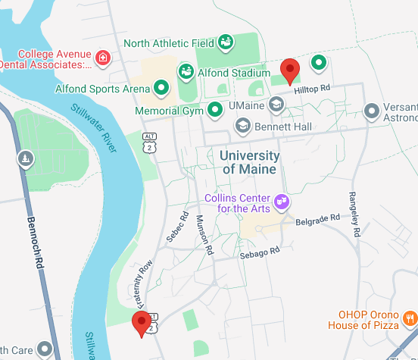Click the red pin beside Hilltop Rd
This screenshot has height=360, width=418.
[290, 70]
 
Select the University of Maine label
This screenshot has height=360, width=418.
[250, 162]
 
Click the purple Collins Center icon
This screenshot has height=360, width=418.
[282, 201]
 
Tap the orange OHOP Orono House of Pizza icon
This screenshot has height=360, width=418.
[410, 318]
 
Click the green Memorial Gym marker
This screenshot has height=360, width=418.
[215, 111]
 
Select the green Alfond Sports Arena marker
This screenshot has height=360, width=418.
[161, 89]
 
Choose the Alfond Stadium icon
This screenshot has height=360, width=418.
[185, 72]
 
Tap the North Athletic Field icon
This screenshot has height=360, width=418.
[225, 42]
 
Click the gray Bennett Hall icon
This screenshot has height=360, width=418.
[243, 125]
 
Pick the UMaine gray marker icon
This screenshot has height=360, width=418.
[276, 105]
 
